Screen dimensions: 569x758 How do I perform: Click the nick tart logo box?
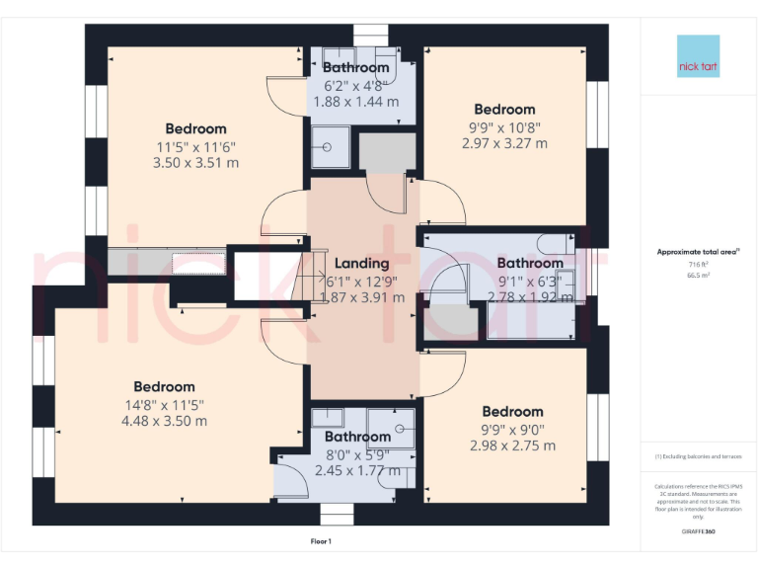[x=699, y=57]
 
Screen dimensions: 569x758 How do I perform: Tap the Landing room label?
[x=361, y=264]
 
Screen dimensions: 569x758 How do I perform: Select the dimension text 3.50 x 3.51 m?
[x=195, y=163]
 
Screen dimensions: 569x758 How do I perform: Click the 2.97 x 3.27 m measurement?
[x=504, y=143]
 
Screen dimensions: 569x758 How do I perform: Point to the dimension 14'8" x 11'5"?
[x=165, y=404]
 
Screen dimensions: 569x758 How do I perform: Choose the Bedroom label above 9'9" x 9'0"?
[x=512, y=412]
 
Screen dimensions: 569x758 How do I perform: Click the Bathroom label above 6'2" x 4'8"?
[x=356, y=68]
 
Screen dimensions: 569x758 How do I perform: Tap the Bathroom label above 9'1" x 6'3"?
[x=530, y=264]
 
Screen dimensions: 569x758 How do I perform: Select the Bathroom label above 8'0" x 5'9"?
[x=357, y=437]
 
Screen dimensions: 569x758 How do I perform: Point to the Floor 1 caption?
[x=321, y=541]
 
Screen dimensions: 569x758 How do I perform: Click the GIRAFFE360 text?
[x=699, y=531]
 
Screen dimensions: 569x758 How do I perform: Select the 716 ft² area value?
[x=698, y=265]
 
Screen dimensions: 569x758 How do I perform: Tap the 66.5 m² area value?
[x=698, y=276]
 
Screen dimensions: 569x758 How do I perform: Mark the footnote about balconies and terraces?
[x=698, y=456]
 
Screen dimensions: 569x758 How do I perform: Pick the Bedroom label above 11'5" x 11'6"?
[x=195, y=128]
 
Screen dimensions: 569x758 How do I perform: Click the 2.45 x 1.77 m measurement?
[x=357, y=470]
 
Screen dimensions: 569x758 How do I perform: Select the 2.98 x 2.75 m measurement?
[x=513, y=446]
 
